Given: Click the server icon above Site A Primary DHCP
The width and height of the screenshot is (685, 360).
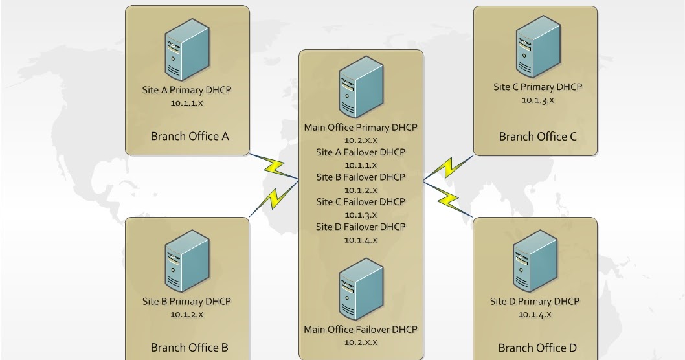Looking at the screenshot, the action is tap(187, 49).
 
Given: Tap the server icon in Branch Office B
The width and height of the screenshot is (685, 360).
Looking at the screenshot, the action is tap(187, 261).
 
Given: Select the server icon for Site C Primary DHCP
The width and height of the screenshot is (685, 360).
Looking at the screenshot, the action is tap(538, 47).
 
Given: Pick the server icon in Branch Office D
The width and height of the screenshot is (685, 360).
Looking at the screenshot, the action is tap(535, 261).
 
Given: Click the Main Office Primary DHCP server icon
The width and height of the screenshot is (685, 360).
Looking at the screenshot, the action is tap(361, 87).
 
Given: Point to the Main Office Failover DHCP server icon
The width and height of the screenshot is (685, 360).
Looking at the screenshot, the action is tap(361, 289).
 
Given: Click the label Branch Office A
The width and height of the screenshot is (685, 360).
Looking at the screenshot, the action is tap(190, 137).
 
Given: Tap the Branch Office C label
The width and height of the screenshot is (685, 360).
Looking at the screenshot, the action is tap(538, 137).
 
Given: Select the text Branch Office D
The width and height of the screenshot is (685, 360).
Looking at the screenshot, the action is tap(537, 348).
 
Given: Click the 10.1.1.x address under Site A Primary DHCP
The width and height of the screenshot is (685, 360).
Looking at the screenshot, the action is tap(186, 103).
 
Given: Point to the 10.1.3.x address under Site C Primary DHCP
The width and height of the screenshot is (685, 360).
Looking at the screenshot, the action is tap(538, 100).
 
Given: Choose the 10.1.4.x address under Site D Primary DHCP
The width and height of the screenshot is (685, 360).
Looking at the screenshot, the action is tap(535, 315).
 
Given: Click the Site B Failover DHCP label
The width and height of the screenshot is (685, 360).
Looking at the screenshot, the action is tap(361, 177).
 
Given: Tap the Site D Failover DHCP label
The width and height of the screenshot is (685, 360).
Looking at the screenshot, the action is tap(361, 227).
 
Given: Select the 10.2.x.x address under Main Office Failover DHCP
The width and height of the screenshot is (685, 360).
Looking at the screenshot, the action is tap(361, 343).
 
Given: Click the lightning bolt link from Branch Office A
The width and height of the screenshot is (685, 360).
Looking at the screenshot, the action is tap(274, 166).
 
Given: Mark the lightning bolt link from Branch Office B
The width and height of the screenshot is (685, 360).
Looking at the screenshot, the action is tap(274, 198).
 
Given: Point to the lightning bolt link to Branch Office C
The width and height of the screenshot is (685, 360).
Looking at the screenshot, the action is tap(449, 167).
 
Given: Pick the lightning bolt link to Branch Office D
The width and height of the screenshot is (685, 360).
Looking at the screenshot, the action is tap(448, 199).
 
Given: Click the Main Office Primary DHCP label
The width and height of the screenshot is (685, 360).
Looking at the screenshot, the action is tap(361, 128).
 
